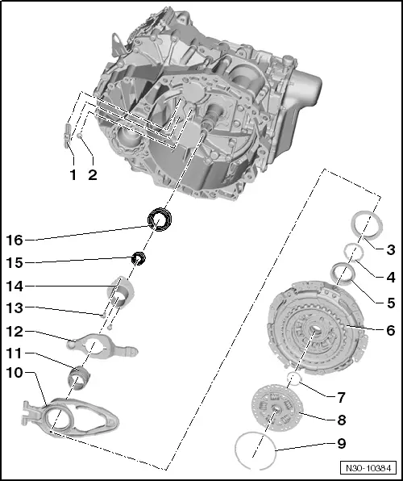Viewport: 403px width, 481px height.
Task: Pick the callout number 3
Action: click(x=368, y=249)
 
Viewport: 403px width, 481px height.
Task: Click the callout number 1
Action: click(x=72, y=174)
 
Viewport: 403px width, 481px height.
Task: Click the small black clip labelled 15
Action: click(x=138, y=258)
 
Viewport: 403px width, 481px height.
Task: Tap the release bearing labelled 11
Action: click(x=81, y=377)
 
